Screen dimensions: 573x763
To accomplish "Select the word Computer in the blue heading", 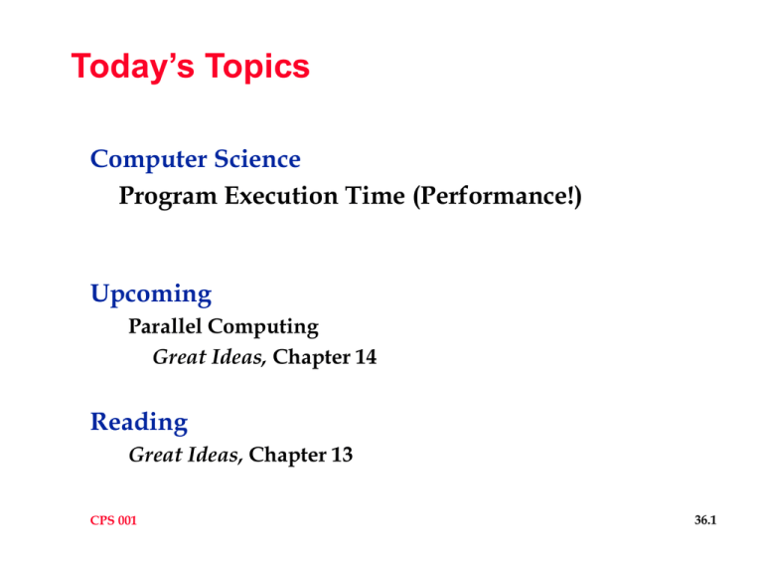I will point(141,159).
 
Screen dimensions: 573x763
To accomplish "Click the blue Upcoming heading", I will point(151,295).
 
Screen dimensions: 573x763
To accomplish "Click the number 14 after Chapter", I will point(364,355).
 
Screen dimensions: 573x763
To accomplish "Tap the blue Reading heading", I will point(138,422).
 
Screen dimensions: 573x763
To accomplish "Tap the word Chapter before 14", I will point(311,355).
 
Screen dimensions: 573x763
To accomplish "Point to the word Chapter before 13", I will point(287,456).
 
